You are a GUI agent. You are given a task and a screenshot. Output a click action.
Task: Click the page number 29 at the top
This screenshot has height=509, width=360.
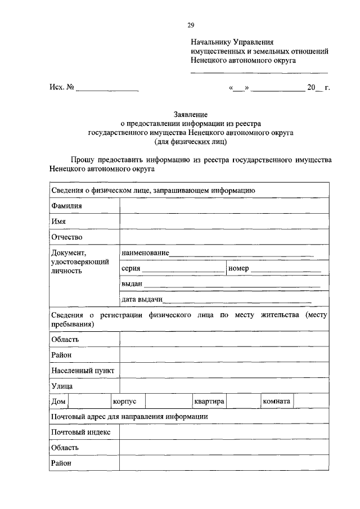point(191,25)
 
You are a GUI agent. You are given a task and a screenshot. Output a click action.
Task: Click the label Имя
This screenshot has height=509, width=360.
point(58,222)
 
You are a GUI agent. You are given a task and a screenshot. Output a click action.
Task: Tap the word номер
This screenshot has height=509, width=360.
point(238,268)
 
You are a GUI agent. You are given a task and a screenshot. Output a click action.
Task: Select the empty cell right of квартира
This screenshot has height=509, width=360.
point(243,402)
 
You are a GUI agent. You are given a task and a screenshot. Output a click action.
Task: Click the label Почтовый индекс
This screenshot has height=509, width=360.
point(80,432)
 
